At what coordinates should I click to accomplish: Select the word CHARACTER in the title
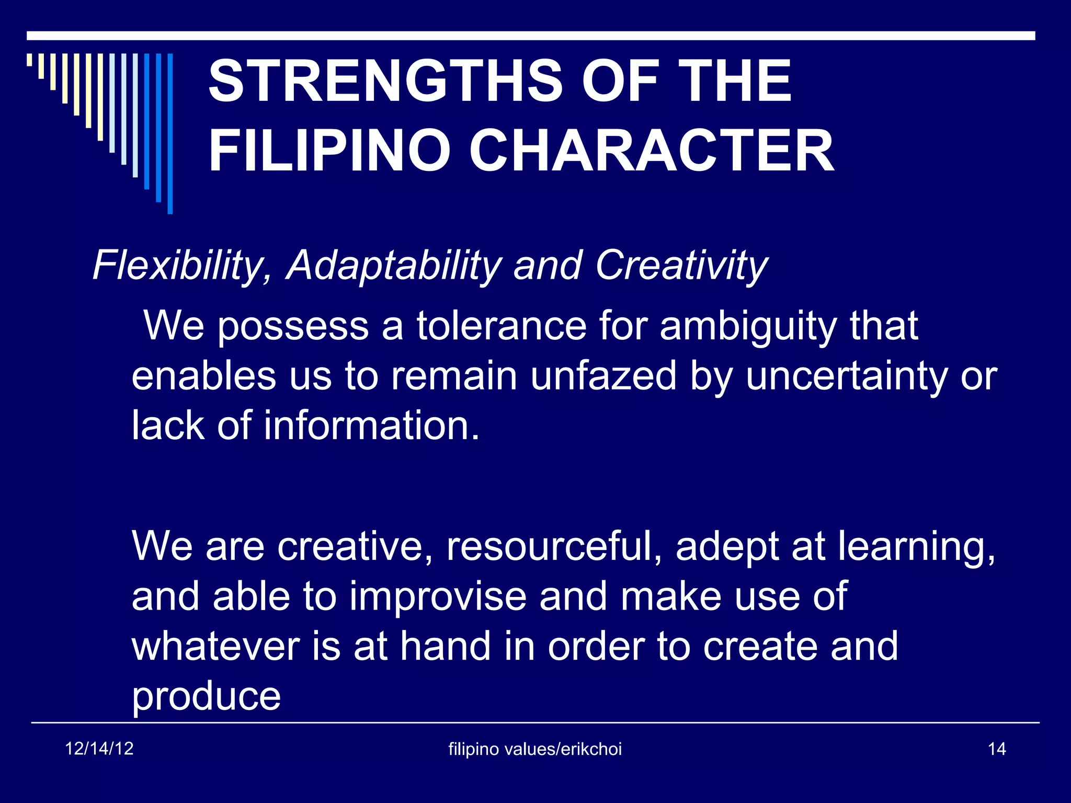coord(651,151)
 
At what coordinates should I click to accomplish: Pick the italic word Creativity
coord(681,266)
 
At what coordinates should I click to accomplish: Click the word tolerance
coord(501,326)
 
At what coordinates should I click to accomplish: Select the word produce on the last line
coord(206,697)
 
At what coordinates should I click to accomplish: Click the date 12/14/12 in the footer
coord(99,749)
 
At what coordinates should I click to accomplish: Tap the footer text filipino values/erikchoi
coord(535,749)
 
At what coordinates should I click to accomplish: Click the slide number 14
coord(996,749)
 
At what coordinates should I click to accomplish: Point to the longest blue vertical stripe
coord(170,133)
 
